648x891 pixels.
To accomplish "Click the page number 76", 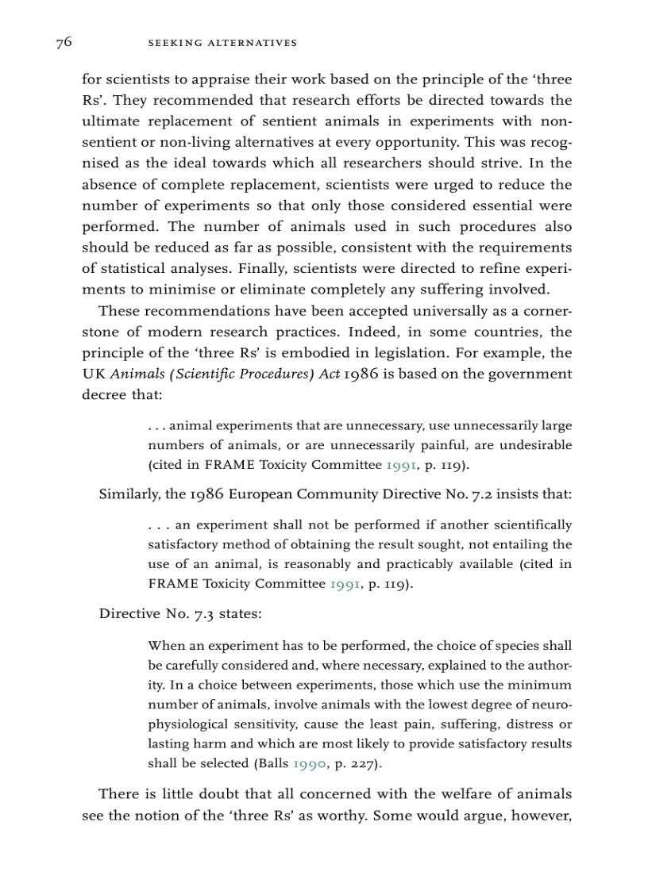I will pos(64,43).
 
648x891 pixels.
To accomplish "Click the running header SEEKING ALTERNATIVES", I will pos(222,43).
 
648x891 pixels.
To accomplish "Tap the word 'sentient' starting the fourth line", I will pos(106,142).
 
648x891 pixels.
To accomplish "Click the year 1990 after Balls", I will pos(309,764).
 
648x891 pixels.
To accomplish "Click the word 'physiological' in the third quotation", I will pos(188,724).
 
